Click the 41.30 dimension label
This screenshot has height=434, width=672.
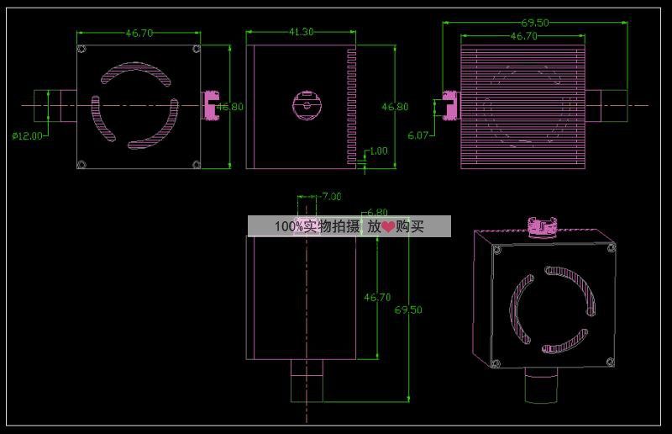[301, 32]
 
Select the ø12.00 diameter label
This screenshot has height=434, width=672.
[28, 136]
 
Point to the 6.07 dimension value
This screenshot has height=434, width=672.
[417, 135]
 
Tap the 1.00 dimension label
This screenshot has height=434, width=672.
[379, 151]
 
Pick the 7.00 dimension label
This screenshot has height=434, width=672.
[331, 197]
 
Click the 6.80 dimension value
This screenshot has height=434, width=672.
[377, 212]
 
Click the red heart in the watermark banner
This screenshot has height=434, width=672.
[388, 226]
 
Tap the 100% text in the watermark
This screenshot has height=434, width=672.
[288, 226]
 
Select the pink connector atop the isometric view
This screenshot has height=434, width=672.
[542, 226]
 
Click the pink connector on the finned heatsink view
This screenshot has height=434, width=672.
[450, 105]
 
